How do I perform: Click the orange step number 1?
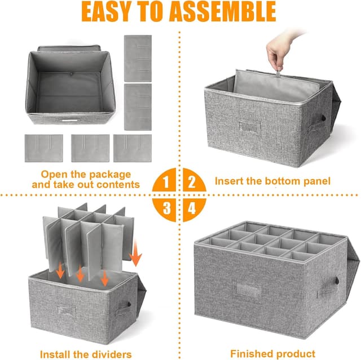click(166, 182)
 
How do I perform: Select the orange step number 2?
click(192, 182)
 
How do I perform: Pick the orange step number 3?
click(167, 208)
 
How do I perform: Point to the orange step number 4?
click(192, 208)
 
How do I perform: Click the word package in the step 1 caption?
click(110, 175)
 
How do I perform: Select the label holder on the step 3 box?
click(67, 310)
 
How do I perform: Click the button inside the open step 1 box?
click(71, 74)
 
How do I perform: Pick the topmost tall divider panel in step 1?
click(138, 58)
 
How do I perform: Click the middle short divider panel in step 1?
click(90, 148)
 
